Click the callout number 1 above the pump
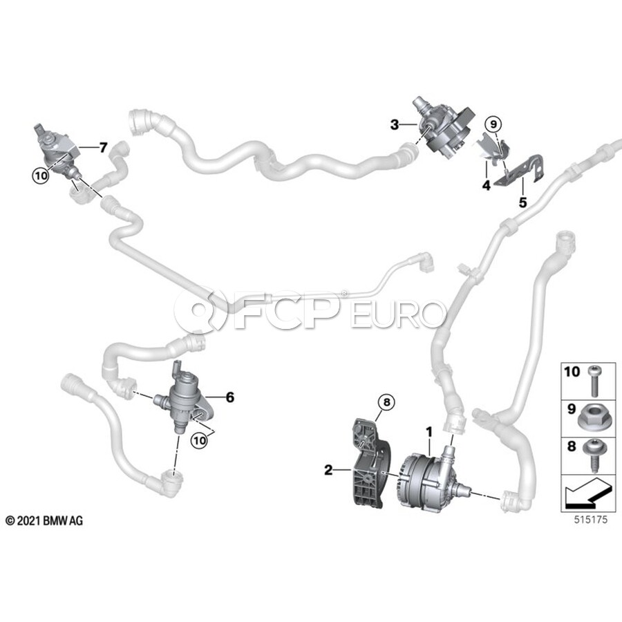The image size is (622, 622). (428, 431)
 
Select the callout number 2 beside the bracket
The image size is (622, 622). (328, 470)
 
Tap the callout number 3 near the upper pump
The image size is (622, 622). (395, 124)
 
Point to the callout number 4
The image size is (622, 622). (487, 185)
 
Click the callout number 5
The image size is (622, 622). (523, 202)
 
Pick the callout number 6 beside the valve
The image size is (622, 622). (230, 397)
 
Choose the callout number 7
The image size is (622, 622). (103, 148)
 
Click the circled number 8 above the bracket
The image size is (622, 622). (387, 402)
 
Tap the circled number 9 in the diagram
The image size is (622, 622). (493, 124)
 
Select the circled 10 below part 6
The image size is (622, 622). (200, 440)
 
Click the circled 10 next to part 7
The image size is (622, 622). (41, 176)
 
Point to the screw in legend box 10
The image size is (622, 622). (593, 380)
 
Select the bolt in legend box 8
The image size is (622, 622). (592, 455)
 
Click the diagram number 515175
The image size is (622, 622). (591, 519)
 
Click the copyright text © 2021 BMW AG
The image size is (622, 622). (44, 520)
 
